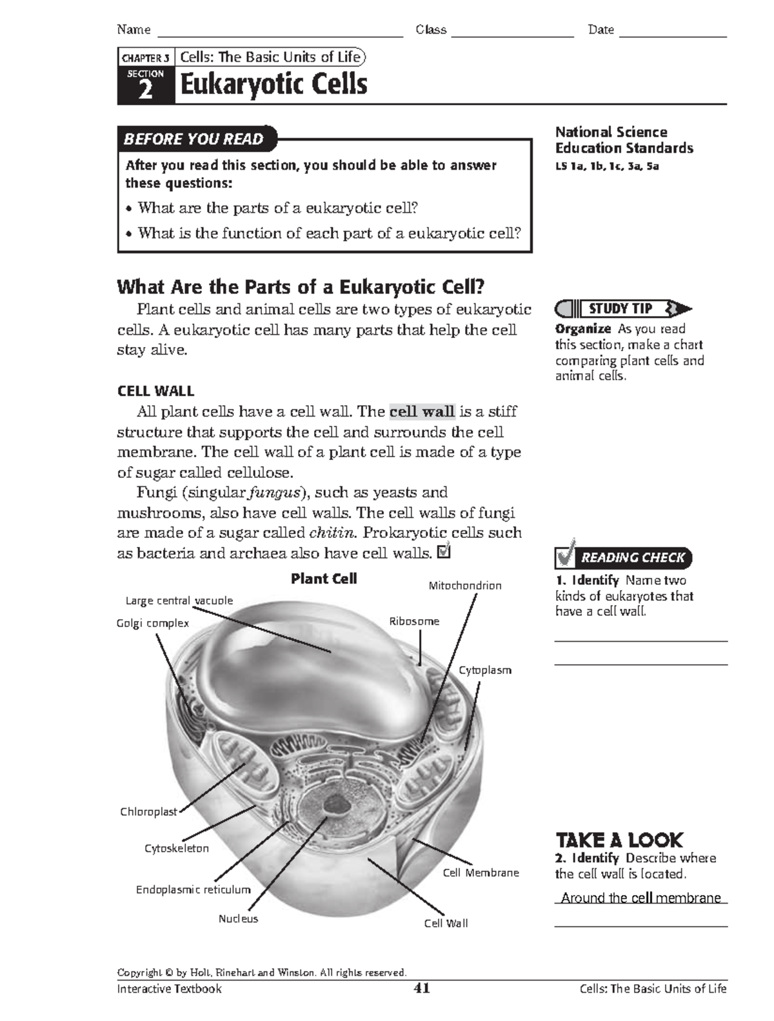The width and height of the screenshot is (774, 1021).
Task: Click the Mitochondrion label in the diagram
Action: pyautogui.click(x=465, y=586)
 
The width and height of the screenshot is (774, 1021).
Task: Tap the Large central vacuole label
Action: pyautogui.click(x=179, y=600)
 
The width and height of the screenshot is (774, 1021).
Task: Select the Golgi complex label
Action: pyautogui.click(x=153, y=623)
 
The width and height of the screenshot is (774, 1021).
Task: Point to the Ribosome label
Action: pyautogui.click(x=414, y=621)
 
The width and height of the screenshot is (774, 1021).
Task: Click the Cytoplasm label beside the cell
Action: pyautogui.click(x=485, y=670)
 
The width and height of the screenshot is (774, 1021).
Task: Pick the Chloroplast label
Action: pyautogui.click(x=148, y=812)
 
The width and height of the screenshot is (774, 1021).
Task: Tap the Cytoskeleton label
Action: pyautogui.click(x=177, y=848)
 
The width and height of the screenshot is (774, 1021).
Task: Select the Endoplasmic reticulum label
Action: pyautogui.click(x=193, y=889)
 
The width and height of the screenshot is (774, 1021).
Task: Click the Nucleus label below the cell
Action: pyautogui.click(x=238, y=918)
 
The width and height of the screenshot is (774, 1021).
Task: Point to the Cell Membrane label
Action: pyautogui.click(x=481, y=873)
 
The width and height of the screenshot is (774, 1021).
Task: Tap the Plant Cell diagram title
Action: pyautogui.click(x=324, y=579)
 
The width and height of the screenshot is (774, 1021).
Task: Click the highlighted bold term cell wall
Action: pyautogui.click(x=422, y=411)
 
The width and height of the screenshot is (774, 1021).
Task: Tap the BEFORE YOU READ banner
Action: pyautogui.click(x=193, y=139)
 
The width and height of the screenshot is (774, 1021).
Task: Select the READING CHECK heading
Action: pyautogui.click(x=632, y=557)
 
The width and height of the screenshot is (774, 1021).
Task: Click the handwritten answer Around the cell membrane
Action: pyautogui.click(x=640, y=898)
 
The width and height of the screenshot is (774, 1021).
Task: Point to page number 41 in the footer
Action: pyautogui.click(x=422, y=988)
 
